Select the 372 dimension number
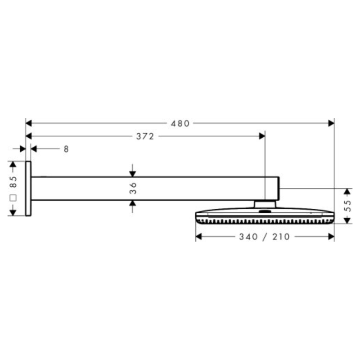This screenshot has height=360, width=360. click(145, 136)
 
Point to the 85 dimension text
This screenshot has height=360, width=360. click(13, 182)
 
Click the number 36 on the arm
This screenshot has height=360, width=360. click(133, 188)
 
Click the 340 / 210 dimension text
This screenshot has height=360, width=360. click(265, 237)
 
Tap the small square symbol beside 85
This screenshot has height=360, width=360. click(13, 197)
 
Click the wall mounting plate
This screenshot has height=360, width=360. click(28, 188)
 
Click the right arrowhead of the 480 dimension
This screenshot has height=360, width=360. click(331, 123)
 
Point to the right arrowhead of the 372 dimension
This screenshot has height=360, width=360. click(261, 136)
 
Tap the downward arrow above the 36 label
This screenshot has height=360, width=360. click(133, 173)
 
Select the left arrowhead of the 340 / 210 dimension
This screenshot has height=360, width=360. click(199, 237)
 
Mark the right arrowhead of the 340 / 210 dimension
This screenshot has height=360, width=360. click(331, 237)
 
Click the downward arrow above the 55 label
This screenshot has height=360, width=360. click(347, 192)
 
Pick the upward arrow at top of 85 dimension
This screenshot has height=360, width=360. click(13, 165)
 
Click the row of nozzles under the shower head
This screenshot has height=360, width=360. click(265, 221)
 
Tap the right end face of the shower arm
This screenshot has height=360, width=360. click(280, 188)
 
